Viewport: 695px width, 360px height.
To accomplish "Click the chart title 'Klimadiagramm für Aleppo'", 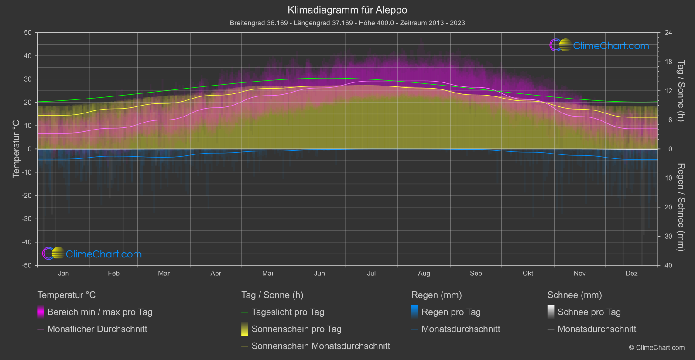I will click(x=347, y=10).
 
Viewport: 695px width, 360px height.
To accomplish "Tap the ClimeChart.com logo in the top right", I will click(x=599, y=45).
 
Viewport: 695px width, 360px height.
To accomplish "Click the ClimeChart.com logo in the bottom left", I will click(x=92, y=254).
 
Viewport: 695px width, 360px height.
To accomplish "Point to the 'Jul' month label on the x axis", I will click(x=371, y=273).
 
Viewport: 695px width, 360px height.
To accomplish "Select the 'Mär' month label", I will click(x=164, y=273).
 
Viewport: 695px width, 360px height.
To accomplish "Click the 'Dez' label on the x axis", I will click(x=631, y=273).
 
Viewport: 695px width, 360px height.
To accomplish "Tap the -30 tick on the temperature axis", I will click(x=27, y=219).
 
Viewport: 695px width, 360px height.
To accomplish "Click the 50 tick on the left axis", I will click(x=28, y=33).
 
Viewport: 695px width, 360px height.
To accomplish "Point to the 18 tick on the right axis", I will click(x=668, y=62).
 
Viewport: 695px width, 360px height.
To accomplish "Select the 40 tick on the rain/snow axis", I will click(x=668, y=265).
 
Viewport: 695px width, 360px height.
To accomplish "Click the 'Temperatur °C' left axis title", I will click(x=16, y=149).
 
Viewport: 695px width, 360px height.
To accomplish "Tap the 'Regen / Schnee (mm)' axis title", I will click(x=681, y=207).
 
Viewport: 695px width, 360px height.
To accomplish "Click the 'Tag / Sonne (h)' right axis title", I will click(x=681, y=91).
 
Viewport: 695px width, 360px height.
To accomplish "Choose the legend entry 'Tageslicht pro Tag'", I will click(x=288, y=312).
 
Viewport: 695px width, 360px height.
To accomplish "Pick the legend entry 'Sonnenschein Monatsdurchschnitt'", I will click(x=321, y=346).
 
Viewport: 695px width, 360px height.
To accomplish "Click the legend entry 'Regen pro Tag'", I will click(x=451, y=312).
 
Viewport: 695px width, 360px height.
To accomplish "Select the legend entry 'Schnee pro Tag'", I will click(x=589, y=312).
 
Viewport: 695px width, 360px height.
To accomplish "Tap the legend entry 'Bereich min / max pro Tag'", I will click(x=99, y=312).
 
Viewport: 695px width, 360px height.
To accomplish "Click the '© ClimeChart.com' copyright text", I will click(x=657, y=347).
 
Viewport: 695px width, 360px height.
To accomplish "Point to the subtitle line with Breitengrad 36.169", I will click(x=347, y=23).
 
